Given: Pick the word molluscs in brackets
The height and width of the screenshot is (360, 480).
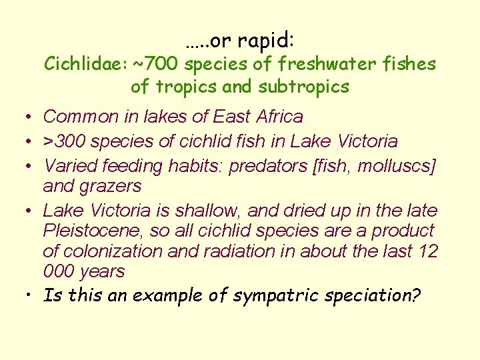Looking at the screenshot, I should coord(396,166).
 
